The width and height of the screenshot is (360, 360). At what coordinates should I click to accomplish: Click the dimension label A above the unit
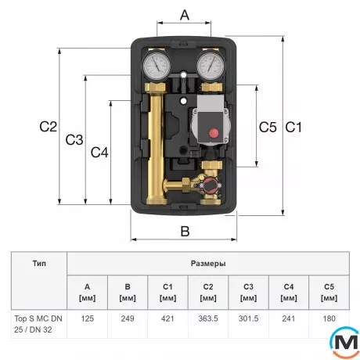point(185,15)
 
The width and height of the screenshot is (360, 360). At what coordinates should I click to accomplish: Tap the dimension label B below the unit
point(185,230)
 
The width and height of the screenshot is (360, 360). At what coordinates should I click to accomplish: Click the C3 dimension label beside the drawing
point(74,140)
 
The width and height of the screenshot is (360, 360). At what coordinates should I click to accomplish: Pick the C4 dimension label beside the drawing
point(99,153)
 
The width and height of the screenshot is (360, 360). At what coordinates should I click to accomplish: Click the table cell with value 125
point(87,319)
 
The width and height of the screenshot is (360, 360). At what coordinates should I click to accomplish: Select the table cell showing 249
point(127,319)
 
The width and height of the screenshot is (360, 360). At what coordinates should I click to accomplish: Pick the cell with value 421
point(167,319)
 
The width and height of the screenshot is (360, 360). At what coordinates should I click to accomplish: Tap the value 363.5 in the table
point(208,319)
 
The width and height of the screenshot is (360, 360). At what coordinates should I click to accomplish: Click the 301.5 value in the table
point(248,319)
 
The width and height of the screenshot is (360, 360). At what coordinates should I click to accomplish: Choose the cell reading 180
point(329,319)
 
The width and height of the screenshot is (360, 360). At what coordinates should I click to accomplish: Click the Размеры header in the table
point(208,264)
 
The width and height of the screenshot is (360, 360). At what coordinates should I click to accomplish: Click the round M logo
point(342,342)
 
